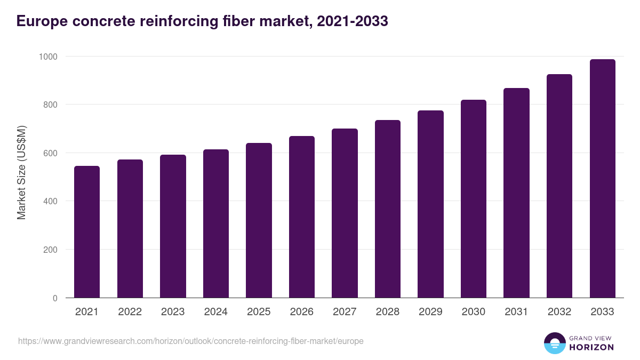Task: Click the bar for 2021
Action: [87, 232]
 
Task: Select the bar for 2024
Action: [215, 223]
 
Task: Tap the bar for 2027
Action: [345, 213]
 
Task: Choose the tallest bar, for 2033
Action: [602, 179]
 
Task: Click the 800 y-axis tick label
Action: [50, 105]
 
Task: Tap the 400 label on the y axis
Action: [50, 201]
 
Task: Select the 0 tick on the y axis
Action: [55, 298]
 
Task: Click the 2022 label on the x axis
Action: [130, 312]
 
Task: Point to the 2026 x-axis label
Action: [302, 312]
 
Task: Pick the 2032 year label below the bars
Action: [559, 312]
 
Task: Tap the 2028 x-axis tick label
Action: [388, 312]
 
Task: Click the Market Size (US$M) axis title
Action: [21, 172]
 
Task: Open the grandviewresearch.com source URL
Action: [191, 341]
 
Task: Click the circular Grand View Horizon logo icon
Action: [554, 343]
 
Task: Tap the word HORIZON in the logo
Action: [591, 347]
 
